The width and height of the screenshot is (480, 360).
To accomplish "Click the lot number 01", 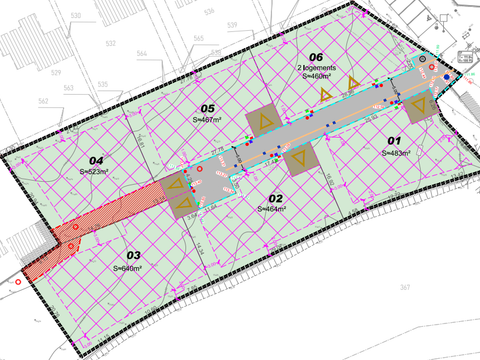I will coord(393,141).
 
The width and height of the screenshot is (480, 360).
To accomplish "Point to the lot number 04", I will coord(96,160).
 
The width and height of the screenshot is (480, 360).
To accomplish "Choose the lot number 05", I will coord(208,109).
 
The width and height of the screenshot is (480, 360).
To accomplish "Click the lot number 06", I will coord(316,56).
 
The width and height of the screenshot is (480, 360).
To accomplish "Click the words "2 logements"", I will coord(317,67).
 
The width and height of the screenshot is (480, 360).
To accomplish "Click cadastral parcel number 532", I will coord(109,44).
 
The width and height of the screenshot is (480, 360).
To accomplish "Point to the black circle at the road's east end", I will coord(423,60).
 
